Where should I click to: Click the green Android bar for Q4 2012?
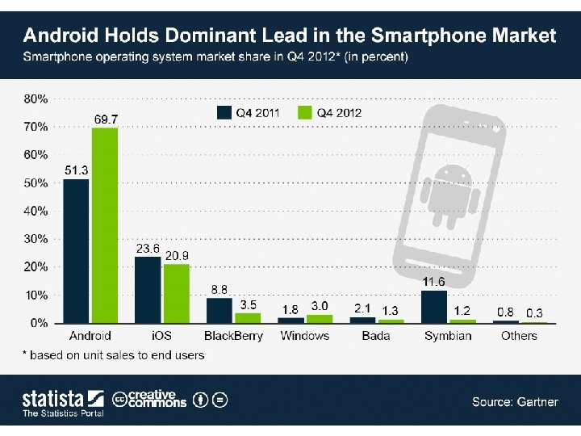[x=104, y=225]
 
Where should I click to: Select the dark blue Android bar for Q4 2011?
[x=77, y=251]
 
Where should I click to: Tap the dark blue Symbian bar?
[x=434, y=307]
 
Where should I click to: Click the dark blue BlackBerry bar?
[x=219, y=311]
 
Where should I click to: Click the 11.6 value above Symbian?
[x=434, y=282]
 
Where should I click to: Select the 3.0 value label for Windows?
[x=320, y=306]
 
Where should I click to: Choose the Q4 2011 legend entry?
[x=249, y=112]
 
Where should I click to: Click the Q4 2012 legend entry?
[x=330, y=112]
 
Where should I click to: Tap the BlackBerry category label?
[x=233, y=336]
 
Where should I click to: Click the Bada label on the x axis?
[x=377, y=336]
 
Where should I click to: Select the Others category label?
[x=519, y=336]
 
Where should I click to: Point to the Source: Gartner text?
[x=515, y=401]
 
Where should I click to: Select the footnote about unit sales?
[x=113, y=354]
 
